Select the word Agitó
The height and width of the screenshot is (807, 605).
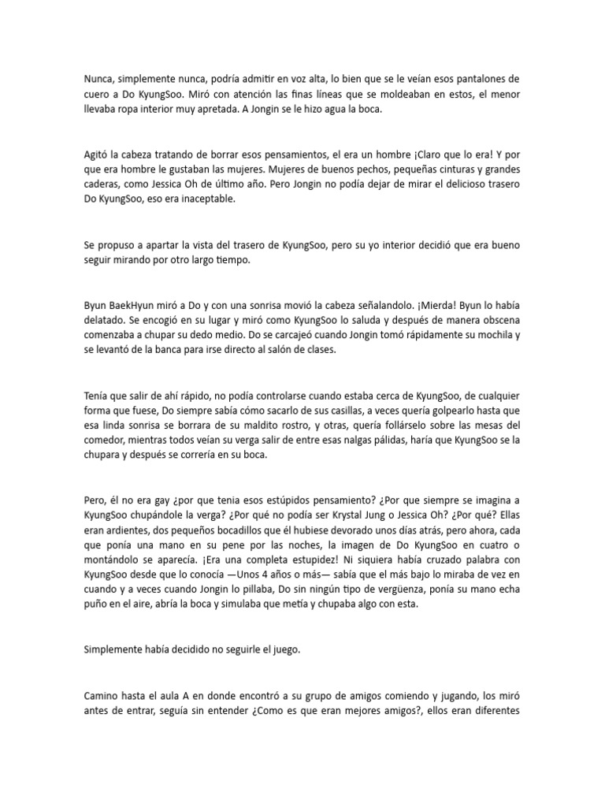98,154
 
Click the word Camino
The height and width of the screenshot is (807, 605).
103,697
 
